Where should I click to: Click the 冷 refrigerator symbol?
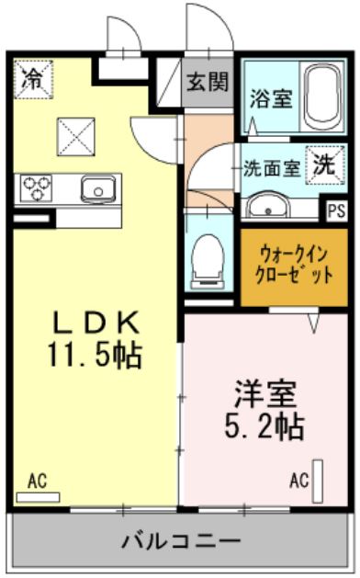pos(31,74)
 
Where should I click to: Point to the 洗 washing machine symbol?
pos(325,165)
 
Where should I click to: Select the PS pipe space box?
pos(336,209)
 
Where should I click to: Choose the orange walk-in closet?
pos(294,266)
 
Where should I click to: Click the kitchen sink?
pos(95,190)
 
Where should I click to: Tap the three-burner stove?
pos(38,188)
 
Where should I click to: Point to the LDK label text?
pos(95,322)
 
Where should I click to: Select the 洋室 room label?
pos(263,396)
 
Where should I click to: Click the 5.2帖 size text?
pos(263,426)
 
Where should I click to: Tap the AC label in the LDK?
pos(37,480)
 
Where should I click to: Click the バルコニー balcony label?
pos(181,540)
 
